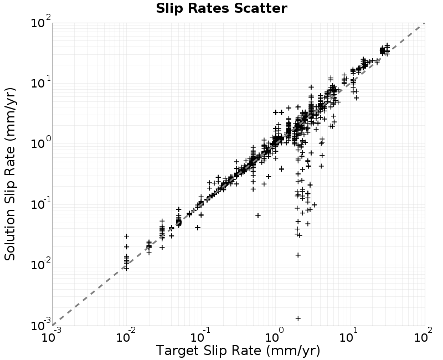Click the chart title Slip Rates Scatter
[221, 8]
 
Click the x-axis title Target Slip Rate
[209, 351]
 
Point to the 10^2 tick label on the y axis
[41, 22]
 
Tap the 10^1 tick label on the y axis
[41, 83]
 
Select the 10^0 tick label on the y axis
[41, 143]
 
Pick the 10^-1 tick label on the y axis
[41, 204]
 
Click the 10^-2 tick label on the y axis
[41, 265]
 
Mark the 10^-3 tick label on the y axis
[41, 325]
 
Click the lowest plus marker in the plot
[298, 318]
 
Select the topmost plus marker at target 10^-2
[127, 236]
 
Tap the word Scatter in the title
[260, 8]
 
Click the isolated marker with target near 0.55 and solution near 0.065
[257, 215]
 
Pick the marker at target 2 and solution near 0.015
[298, 255]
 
